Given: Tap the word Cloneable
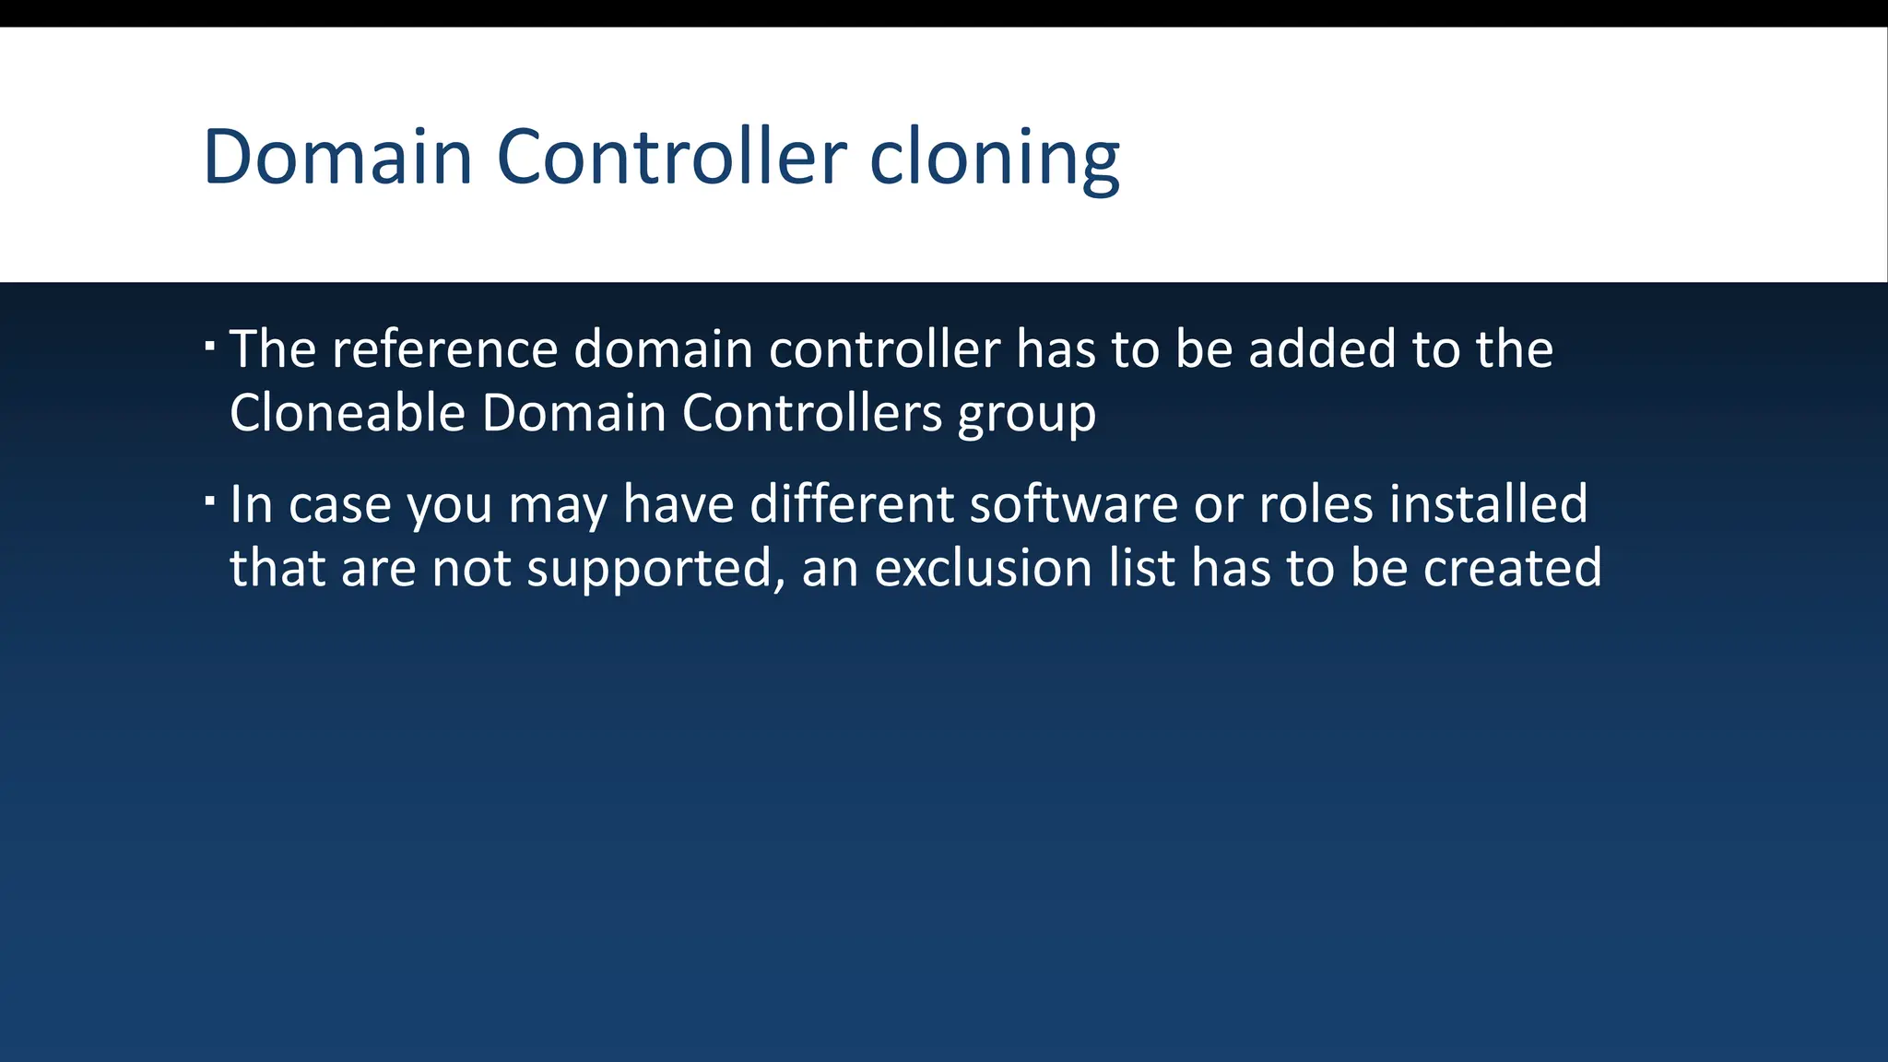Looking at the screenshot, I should tap(347, 412).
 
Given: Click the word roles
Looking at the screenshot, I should tap(1316, 504).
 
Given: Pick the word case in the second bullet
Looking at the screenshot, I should tap(340, 506).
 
